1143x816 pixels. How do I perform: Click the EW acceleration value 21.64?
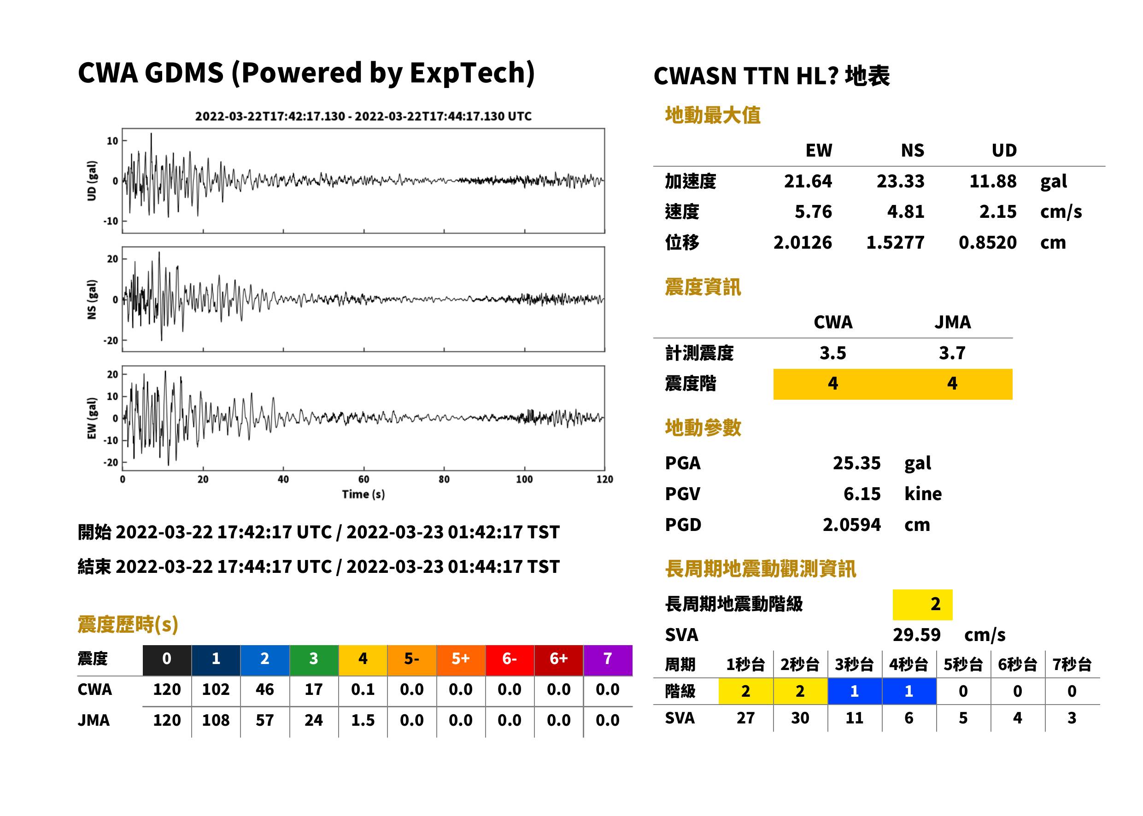pyautogui.click(x=807, y=181)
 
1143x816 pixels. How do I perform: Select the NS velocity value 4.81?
pyautogui.click(x=905, y=211)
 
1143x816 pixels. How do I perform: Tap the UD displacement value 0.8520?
pyautogui.click(x=987, y=242)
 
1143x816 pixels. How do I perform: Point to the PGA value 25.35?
pyautogui.click(x=856, y=463)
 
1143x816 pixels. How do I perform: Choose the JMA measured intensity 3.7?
pyautogui.click(x=952, y=353)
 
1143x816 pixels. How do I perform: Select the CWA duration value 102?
pyautogui.click(x=216, y=689)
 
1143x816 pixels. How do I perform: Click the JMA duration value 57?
pyautogui.click(x=264, y=720)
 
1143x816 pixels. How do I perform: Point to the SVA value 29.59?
pyautogui.click(x=916, y=635)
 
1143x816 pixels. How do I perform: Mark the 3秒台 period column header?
pyautogui.click(x=854, y=664)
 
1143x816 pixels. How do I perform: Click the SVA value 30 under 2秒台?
pyautogui.click(x=800, y=717)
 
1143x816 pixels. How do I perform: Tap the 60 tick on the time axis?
pyautogui.click(x=363, y=479)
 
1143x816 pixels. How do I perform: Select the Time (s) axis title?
pyautogui.click(x=363, y=495)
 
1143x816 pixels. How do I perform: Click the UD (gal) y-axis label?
pyautogui.click(x=92, y=181)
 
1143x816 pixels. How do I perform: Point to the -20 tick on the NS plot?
pyautogui.click(x=111, y=341)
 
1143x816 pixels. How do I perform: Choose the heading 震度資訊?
pyautogui.click(x=703, y=287)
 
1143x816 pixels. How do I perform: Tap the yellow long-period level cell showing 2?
pyautogui.click(x=922, y=604)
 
